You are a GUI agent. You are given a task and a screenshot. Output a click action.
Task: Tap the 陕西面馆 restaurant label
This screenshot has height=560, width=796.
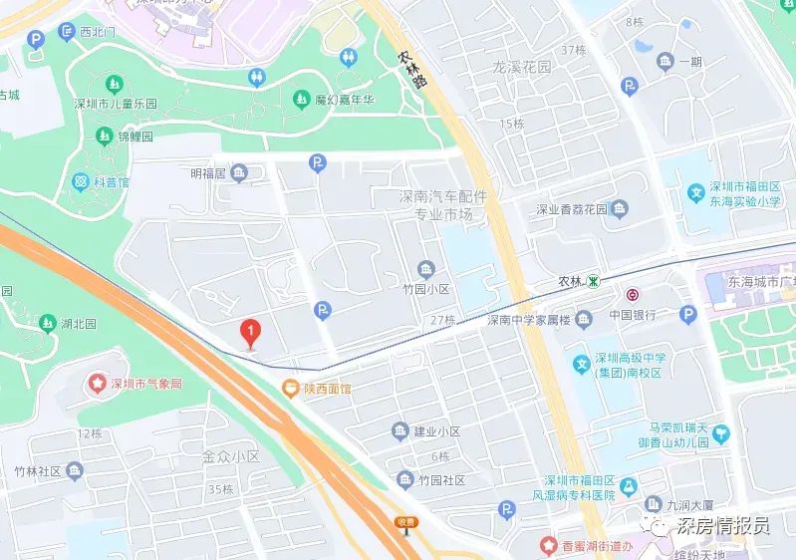325,389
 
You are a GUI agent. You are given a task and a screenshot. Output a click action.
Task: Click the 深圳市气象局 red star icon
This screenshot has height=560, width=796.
98,383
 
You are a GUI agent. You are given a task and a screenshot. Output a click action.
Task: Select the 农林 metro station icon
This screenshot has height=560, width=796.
594,283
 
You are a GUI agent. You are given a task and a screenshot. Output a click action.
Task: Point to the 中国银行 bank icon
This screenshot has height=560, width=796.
632,295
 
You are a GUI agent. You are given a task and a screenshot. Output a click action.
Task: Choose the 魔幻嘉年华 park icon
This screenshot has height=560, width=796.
300,98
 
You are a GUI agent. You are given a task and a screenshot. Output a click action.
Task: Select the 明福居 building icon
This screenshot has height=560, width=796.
239,174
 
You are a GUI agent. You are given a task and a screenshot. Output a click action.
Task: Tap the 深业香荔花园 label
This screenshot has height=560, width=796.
572,209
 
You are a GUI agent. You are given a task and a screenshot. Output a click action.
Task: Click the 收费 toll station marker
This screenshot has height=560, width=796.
404,521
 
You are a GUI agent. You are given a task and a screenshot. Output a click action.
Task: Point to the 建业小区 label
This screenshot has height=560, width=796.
436,431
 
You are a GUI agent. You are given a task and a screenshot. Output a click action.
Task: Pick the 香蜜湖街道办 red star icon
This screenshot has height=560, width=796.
547,544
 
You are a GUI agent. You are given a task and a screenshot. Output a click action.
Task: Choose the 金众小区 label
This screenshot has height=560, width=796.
230,456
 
